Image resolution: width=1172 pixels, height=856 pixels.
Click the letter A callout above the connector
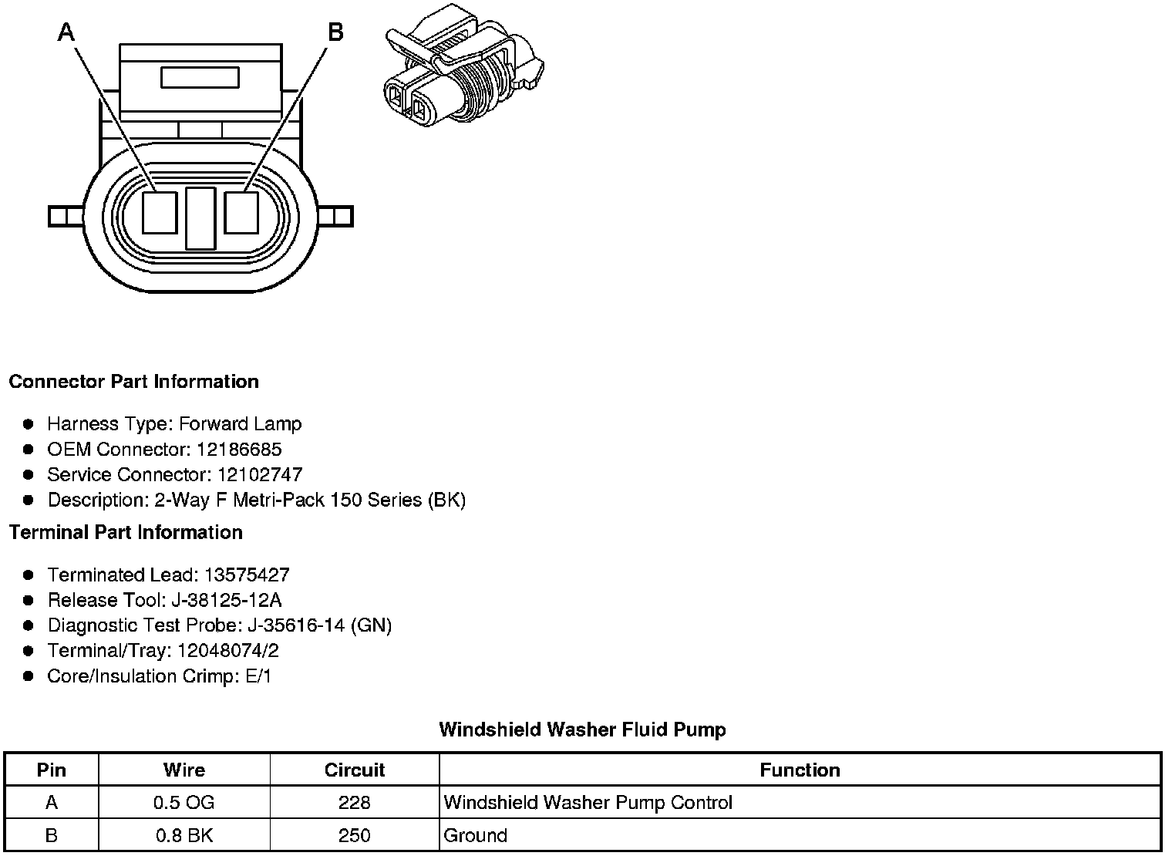coord(67,32)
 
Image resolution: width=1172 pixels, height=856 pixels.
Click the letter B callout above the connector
coord(335,32)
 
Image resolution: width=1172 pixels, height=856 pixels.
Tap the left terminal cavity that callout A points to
coord(160,212)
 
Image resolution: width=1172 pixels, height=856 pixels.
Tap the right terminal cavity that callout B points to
coord(241,212)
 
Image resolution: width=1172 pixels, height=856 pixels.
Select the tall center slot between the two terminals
coord(200,218)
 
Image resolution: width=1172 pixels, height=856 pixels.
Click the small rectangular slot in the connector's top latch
coord(200,78)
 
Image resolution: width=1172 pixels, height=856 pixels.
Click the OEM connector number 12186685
coord(239,450)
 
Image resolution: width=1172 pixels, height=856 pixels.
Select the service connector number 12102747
coord(260,475)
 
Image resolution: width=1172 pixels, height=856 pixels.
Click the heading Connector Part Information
coord(133,382)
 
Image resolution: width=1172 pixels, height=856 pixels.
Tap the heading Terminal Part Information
coord(126,533)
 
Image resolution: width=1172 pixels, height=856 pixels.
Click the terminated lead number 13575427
coord(247,575)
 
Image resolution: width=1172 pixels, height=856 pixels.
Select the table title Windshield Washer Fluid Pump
coord(582,730)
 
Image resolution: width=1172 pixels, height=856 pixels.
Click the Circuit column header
coord(355,770)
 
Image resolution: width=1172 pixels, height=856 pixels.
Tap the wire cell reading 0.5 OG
coord(184,803)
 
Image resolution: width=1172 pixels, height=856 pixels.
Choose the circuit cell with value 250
coord(355,836)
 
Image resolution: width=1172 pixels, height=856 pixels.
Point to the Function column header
coord(800,770)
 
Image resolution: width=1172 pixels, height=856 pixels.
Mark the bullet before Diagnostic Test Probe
coord(29,626)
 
